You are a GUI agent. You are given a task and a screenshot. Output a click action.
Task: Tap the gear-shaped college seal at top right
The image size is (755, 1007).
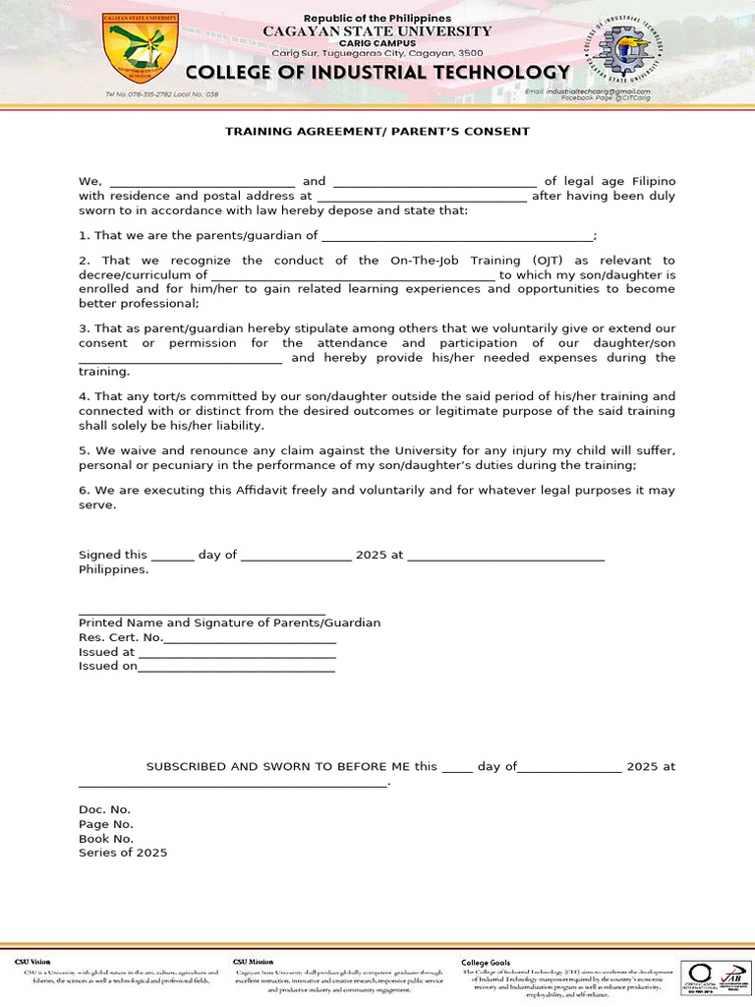(x=627, y=50)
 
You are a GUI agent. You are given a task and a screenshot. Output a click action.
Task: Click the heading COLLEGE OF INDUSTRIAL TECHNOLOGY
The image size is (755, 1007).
(x=377, y=73)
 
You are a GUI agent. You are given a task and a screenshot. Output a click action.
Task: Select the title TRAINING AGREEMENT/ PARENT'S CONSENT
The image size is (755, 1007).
(x=377, y=131)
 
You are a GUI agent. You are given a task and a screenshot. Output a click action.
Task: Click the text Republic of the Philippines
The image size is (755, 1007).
(x=377, y=19)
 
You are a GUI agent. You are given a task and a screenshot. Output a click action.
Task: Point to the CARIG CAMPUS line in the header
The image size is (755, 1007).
(x=377, y=43)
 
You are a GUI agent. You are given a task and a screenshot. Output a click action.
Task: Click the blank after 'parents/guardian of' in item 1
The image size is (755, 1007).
(x=457, y=236)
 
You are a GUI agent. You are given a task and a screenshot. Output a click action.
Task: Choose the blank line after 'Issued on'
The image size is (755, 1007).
(x=237, y=667)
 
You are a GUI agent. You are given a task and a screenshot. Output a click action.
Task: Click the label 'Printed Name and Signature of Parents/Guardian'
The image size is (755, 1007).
(x=229, y=623)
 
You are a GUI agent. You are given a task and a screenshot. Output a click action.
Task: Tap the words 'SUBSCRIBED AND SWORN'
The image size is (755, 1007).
(x=228, y=767)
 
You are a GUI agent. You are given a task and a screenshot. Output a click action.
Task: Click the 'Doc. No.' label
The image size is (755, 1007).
(x=104, y=810)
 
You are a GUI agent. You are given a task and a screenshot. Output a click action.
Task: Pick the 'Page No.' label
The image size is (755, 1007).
(x=106, y=825)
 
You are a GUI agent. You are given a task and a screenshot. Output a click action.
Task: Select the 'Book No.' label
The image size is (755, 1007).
(x=106, y=839)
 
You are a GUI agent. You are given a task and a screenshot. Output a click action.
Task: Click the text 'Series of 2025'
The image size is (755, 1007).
(x=123, y=854)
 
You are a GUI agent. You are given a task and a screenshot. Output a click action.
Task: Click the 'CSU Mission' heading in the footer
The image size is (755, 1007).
(x=254, y=962)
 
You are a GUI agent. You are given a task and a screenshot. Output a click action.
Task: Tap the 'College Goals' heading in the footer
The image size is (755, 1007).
(x=486, y=962)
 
